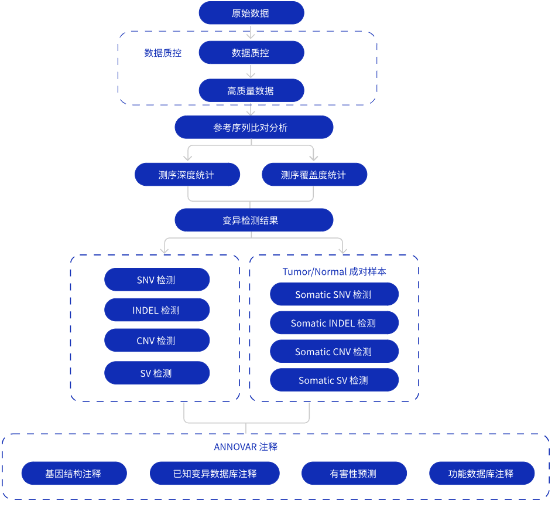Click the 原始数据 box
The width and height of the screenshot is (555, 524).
[x=251, y=13]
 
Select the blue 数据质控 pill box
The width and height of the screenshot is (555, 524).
[x=251, y=53]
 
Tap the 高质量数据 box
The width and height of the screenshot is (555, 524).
[x=251, y=91]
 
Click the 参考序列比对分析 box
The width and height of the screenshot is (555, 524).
[x=253, y=127]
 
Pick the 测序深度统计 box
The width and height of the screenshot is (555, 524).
[x=187, y=175]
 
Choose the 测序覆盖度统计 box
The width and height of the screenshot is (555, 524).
[x=314, y=175]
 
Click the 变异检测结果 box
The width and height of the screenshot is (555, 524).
[x=253, y=220]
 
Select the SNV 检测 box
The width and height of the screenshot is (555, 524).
[x=157, y=280]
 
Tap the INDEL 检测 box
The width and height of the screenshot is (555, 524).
[x=157, y=310]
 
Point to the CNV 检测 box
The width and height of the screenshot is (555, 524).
[x=157, y=341]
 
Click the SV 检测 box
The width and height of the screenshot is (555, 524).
[x=157, y=373]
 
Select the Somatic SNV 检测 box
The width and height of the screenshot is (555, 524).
[x=334, y=294]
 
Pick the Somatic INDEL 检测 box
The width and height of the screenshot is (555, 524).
[x=334, y=323]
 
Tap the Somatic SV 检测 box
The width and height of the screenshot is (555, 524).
[x=334, y=380]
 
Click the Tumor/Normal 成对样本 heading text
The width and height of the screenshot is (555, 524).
[x=334, y=271]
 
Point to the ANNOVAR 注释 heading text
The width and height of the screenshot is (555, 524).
[x=245, y=447]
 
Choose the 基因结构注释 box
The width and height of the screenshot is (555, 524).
[x=74, y=474]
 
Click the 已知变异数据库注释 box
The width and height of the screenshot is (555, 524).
[x=215, y=474]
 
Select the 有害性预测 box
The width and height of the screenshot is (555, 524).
[x=354, y=474]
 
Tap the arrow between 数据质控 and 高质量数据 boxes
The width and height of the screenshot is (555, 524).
[x=251, y=72]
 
